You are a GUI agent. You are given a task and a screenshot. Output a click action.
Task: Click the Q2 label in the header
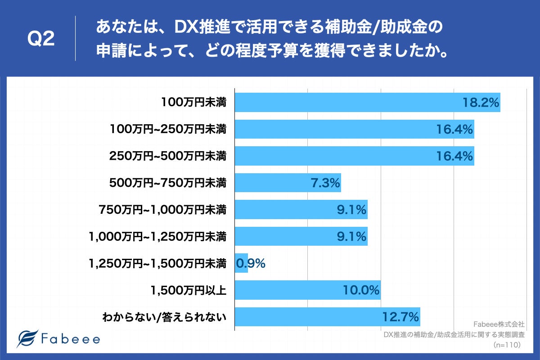pos(41,40)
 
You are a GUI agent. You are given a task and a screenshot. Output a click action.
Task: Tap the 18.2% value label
pos(481,103)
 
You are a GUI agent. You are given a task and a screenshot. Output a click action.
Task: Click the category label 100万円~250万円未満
pos(168,130)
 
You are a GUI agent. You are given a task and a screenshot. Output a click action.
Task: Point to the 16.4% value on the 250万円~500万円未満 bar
pos(454,156)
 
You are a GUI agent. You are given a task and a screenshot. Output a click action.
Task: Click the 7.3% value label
pos(325,183)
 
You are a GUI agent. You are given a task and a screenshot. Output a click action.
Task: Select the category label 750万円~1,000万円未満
pos(162,210)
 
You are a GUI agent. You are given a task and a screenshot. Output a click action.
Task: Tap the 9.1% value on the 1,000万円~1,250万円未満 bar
pos(352,236)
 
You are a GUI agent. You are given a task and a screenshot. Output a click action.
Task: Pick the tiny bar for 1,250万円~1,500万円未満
pos(241,263)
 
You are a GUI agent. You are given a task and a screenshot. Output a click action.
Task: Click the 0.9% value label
pos(251,263)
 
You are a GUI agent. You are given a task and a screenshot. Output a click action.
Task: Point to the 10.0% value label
pos(361,290)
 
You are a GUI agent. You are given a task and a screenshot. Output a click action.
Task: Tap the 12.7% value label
pos(400,317)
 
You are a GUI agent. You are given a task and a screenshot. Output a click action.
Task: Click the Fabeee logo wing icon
pos(27,339)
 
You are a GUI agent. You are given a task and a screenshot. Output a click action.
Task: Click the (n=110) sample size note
pos(507,345)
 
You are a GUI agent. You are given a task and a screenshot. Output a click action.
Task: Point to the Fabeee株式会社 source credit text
pos(499,324)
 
